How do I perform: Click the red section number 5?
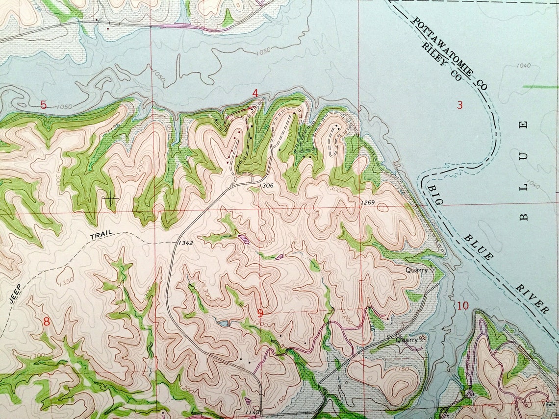[x=44, y=104]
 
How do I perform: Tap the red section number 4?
[x=255, y=93]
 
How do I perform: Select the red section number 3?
[x=460, y=104]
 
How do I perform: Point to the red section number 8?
[x=47, y=321]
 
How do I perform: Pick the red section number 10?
[x=462, y=306]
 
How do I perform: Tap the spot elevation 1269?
[x=368, y=202]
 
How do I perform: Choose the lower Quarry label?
[x=407, y=339]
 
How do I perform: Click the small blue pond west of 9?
[x=223, y=324]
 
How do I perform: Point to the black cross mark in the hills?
[x=111, y=199]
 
